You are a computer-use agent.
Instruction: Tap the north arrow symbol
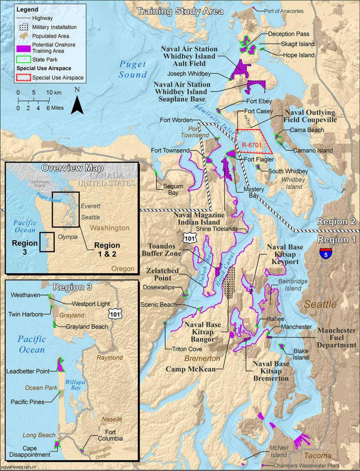(77, 102)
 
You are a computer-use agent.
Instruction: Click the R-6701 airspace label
(252, 145)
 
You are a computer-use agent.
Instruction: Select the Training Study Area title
(180, 12)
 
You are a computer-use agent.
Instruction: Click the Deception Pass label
(289, 34)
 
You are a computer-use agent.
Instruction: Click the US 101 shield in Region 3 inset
(115, 314)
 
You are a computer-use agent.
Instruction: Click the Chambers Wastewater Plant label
(309, 465)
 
